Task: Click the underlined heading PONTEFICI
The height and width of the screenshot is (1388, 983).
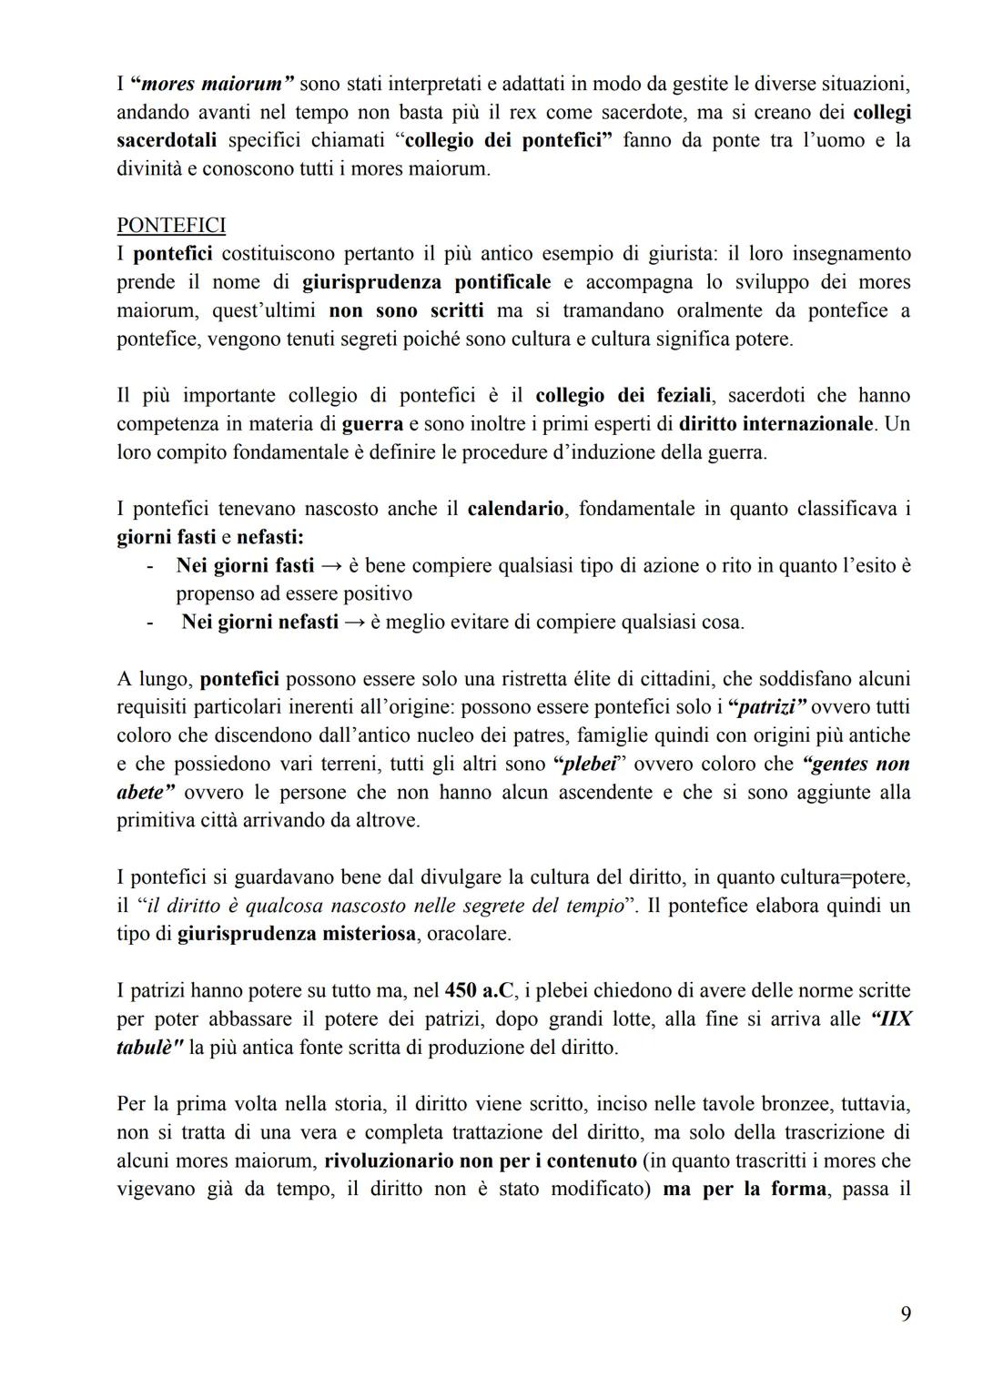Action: (171, 225)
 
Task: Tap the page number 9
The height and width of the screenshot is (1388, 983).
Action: (905, 1313)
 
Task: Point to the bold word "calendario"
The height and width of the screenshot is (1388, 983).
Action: (515, 509)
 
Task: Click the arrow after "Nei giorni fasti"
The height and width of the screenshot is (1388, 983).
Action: (331, 566)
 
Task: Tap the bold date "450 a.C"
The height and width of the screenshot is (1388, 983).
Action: (480, 990)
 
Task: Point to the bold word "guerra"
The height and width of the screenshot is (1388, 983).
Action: (372, 424)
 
